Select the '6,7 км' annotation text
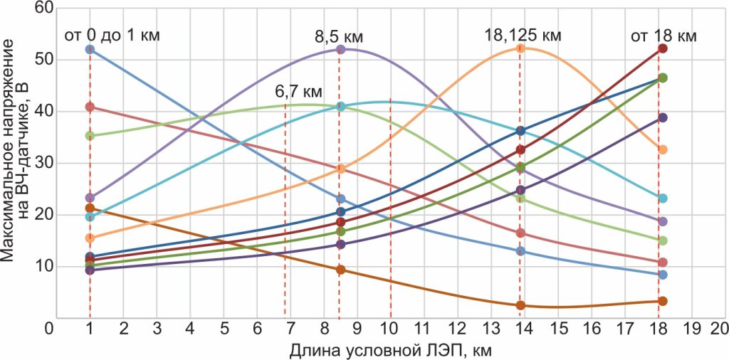pos(299,92)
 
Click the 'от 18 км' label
pos(664,35)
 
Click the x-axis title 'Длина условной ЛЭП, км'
pos(390,351)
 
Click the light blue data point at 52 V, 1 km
pos(90,49)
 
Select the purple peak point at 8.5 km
pos(340,49)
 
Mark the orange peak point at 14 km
pos(520,48)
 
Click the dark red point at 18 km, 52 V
pos(663,48)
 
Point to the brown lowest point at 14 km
pos(520,305)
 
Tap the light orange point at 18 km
pos(663,149)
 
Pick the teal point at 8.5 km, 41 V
pos(340,106)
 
